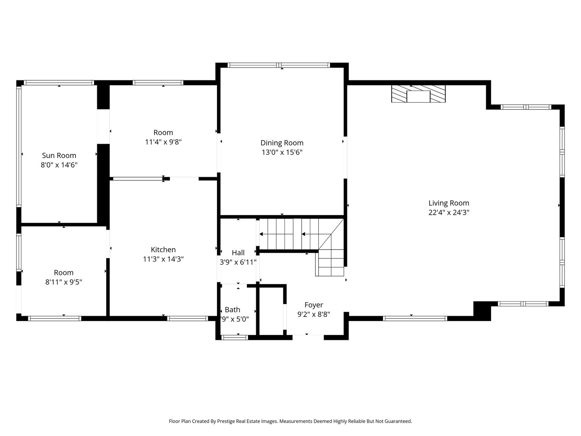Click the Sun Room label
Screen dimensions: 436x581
(x=59, y=155)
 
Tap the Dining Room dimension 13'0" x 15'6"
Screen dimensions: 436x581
(x=282, y=153)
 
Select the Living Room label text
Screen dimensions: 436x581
(x=449, y=203)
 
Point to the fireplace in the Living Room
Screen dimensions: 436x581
(x=418, y=94)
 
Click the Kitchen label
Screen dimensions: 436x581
(x=163, y=250)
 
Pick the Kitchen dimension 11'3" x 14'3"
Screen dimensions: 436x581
(x=163, y=260)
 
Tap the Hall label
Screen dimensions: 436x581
(x=238, y=253)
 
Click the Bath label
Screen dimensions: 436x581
(x=232, y=310)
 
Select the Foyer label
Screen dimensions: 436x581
(x=313, y=305)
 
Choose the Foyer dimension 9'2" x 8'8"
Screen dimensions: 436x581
(x=313, y=314)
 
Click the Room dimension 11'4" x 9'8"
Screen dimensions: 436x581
(x=163, y=142)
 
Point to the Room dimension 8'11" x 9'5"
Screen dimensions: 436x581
(x=64, y=282)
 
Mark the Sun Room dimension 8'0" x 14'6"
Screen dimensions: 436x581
(x=59, y=165)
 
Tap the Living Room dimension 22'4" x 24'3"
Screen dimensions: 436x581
(x=449, y=213)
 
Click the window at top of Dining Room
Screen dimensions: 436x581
(x=279, y=65)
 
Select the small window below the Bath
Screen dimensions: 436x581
(x=235, y=337)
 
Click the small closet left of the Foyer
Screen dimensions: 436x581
(x=271, y=310)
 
